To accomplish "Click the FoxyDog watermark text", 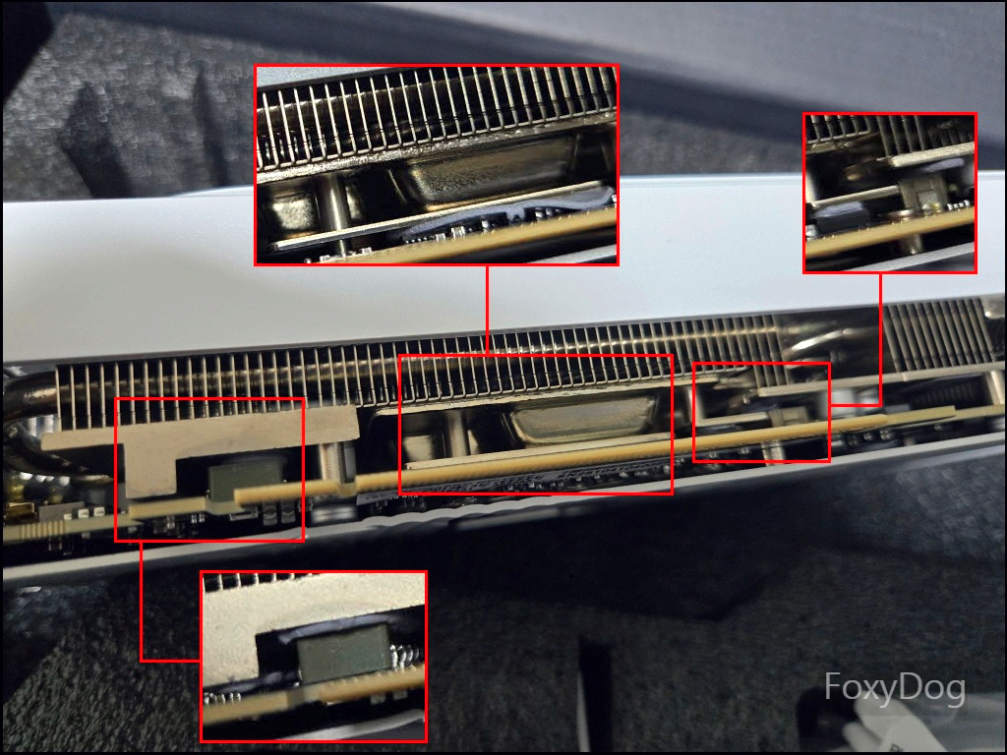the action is (x=895, y=688).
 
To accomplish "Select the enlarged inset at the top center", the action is (x=437, y=165).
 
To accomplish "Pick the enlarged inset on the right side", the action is (x=890, y=194).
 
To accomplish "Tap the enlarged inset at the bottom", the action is (x=314, y=656).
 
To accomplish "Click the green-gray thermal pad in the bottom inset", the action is (x=344, y=653).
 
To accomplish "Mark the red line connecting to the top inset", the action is (x=488, y=310).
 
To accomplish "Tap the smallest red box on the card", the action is (x=762, y=412).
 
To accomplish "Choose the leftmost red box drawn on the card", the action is (x=209, y=469).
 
